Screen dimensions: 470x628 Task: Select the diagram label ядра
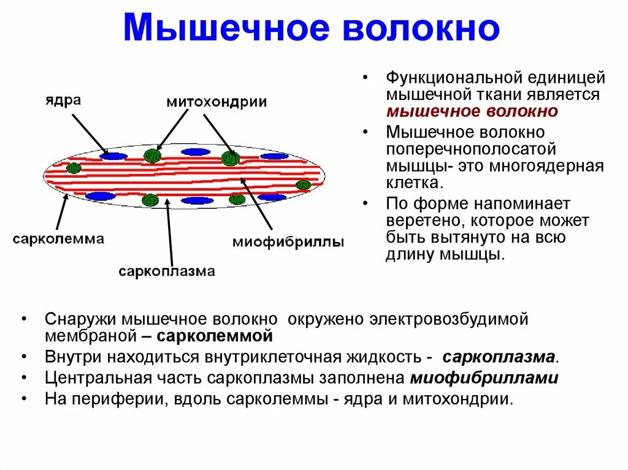click(x=63, y=100)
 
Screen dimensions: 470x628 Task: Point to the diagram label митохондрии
click(x=216, y=102)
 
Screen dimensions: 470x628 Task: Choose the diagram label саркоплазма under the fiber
click(x=167, y=271)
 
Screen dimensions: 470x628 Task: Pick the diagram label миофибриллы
click(x=288, y=241)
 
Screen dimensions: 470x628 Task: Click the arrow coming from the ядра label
click(x=89, y=132)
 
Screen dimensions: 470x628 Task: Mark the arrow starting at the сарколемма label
click(x=61, y=212)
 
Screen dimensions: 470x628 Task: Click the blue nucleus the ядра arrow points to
click(x=113, y=156)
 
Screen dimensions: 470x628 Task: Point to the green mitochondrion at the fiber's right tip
click(x=302, y=184)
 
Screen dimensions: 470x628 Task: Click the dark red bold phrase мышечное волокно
click(x=472, y=112)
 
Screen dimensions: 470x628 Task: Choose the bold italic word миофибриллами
click(x=484, y=378)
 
